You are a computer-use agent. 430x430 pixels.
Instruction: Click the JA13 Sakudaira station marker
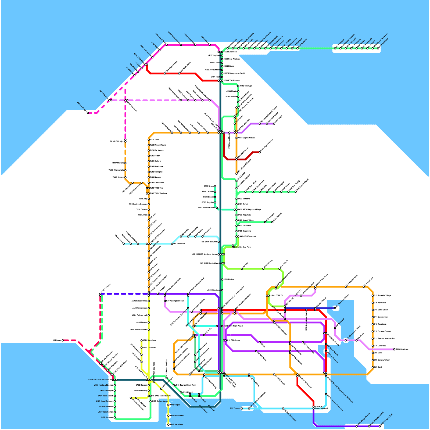(169, 425)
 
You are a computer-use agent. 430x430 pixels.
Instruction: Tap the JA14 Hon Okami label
(177, 415)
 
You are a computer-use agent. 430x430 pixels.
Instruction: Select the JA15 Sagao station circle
(169, 405)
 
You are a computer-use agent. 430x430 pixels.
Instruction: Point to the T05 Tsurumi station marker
(242, 408)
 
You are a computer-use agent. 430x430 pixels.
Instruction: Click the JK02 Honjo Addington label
(103, 385)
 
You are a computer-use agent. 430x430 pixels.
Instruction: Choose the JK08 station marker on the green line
(115, 417)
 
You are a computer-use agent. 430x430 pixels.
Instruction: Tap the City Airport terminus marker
(394, 349)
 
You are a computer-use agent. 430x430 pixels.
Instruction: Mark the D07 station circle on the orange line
(373, 367)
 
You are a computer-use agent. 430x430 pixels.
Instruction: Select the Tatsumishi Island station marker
(335, 308)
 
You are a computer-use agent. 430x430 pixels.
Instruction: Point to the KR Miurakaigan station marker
(88, 113)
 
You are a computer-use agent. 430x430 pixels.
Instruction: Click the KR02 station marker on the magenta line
(210, 45)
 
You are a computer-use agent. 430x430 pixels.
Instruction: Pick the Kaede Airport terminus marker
(296, 192)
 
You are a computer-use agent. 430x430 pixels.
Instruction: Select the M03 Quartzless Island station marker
(346, 341)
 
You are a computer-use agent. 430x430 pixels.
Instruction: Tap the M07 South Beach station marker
(326, 344)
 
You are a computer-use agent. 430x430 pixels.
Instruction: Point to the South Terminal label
(321, 408)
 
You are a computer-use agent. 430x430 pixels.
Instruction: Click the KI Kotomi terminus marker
(63, 341)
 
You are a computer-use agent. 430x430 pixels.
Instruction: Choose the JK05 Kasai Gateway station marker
(115, 401)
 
